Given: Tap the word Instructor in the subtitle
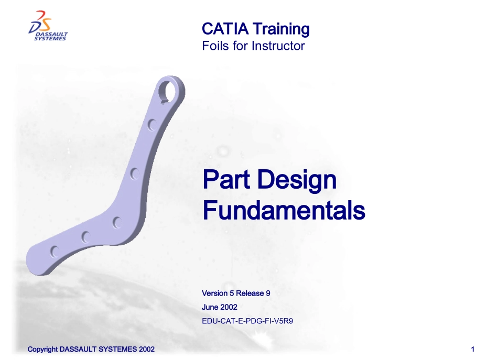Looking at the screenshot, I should point(278,46).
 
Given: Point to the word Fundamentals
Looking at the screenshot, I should point(283,211).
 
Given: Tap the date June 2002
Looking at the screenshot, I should point(219,307).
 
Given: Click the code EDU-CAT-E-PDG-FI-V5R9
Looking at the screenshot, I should point(247,321).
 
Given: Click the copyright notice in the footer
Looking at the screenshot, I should point(91,350).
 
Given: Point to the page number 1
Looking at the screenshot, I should point(473,350).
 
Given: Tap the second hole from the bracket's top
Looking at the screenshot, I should point(151,125).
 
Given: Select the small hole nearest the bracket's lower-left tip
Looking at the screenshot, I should point(54,252).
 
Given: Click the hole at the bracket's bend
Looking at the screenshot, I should point(116,222).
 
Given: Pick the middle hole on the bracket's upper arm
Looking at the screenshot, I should point(133,173).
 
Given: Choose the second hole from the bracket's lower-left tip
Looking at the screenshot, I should point(85,237).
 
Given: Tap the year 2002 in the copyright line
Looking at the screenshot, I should point(146,350).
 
